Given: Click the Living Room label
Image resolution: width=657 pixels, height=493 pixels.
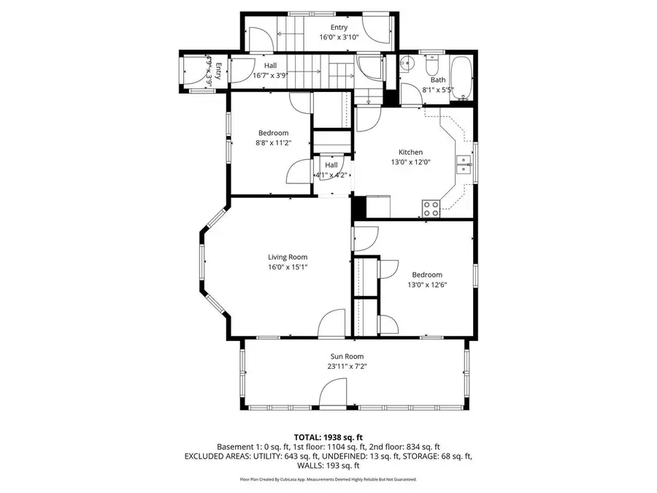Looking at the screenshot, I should [287, 256].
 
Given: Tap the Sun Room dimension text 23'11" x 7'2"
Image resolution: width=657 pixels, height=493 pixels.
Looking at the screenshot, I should [346, 366].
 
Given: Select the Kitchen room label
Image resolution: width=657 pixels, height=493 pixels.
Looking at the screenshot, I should [410, 152].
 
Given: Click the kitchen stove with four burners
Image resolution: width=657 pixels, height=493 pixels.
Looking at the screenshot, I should [431, 207].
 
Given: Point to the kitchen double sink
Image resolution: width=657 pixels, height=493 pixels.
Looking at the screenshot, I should [464, 164].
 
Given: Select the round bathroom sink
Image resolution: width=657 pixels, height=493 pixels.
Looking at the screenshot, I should [407, 64].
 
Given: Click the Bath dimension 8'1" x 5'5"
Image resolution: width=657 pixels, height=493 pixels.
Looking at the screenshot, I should [438, 91].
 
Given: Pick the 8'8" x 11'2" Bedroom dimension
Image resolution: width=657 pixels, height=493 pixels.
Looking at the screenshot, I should [273, 143].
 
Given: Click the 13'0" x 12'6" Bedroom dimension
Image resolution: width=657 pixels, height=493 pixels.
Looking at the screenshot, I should [426, 285].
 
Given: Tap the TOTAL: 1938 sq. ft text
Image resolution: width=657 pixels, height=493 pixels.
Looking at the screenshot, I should [328, 435].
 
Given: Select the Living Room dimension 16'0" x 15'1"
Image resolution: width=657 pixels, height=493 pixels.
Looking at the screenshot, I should [287, 267].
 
